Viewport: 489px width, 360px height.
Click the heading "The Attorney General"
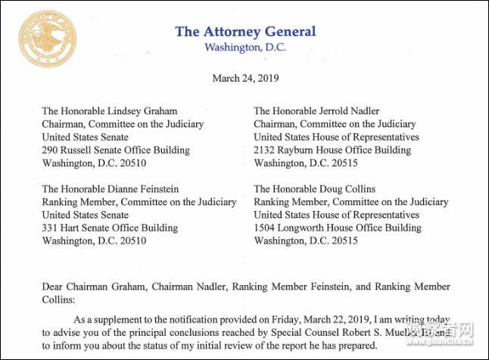(245, 32)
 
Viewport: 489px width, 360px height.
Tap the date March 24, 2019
(244, 78)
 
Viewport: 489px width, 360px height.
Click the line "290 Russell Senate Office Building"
(116, 150)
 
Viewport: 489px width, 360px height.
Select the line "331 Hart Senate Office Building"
(110, 228)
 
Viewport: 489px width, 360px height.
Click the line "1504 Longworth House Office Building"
(338, 228)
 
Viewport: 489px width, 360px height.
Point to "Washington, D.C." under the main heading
(244, 48)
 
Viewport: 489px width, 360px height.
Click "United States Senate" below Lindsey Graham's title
(85, 137)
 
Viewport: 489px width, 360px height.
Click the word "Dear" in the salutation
(54, 287)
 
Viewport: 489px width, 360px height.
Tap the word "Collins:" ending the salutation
(61, 300)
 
